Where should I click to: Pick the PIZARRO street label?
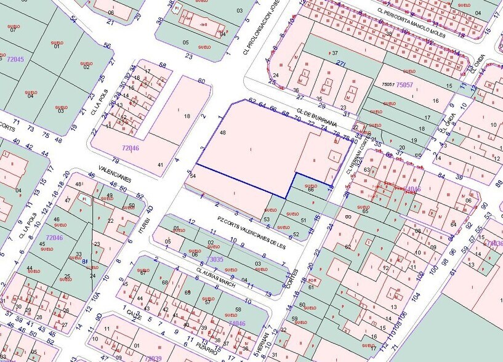pos(207,350)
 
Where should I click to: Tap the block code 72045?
pos(15,59)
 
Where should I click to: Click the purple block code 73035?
pos(215,260)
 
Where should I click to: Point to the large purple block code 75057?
pos(404,84)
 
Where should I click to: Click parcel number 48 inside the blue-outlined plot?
pos(222,133)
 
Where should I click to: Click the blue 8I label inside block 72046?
pos(84,261)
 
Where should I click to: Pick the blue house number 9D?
pos(98,318)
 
